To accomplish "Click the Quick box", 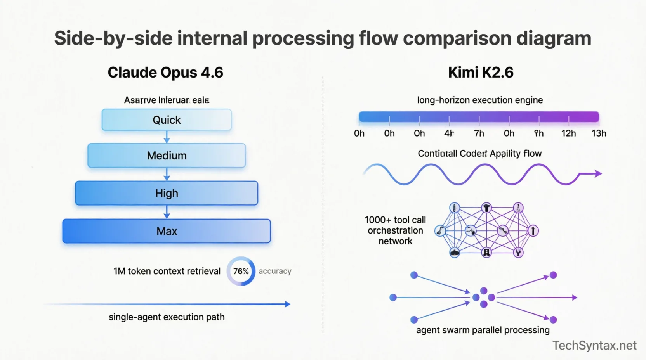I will pyautogui.click(x=167, y=120).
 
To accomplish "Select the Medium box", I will pyautogui.click(x=167, y=156).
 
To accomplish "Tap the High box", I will pyautogui.click(x=167, y=193).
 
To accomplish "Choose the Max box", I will pyautogui.click(x=167, y=231).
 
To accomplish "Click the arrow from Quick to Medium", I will pyautogui.click(x=167, y=137).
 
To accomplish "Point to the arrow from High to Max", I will pyautogui.click(x=167, y=212).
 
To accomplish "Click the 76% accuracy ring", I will pyautogui.click(x=241, y=271).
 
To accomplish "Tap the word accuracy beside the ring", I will pyautogui.click(x=275, y=271).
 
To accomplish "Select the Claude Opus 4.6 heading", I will pyautogui.click(x=165, y=73).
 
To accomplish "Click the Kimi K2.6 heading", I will pyautogui.click(x=481, y=73).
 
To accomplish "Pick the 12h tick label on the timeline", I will pyautogui.click(x=568, y=133).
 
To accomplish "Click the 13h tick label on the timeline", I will pyautogui.click(x=599, y=133).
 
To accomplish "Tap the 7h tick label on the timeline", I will pyautogui.click(x=479, y=133).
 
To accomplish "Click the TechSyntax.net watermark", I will pyautogui.click(x=594, y=345).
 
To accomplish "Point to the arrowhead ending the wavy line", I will pyautogui.click(x=598, y=174).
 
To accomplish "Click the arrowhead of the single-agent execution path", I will pyautogui.click(x=287, y=304).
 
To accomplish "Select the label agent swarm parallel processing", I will pyautogui.click(x=483, y=330).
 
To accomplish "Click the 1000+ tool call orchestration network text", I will pyautogui.click(x=395, y=230).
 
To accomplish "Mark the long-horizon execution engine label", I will pyautogui.click(x=480, y=100).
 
